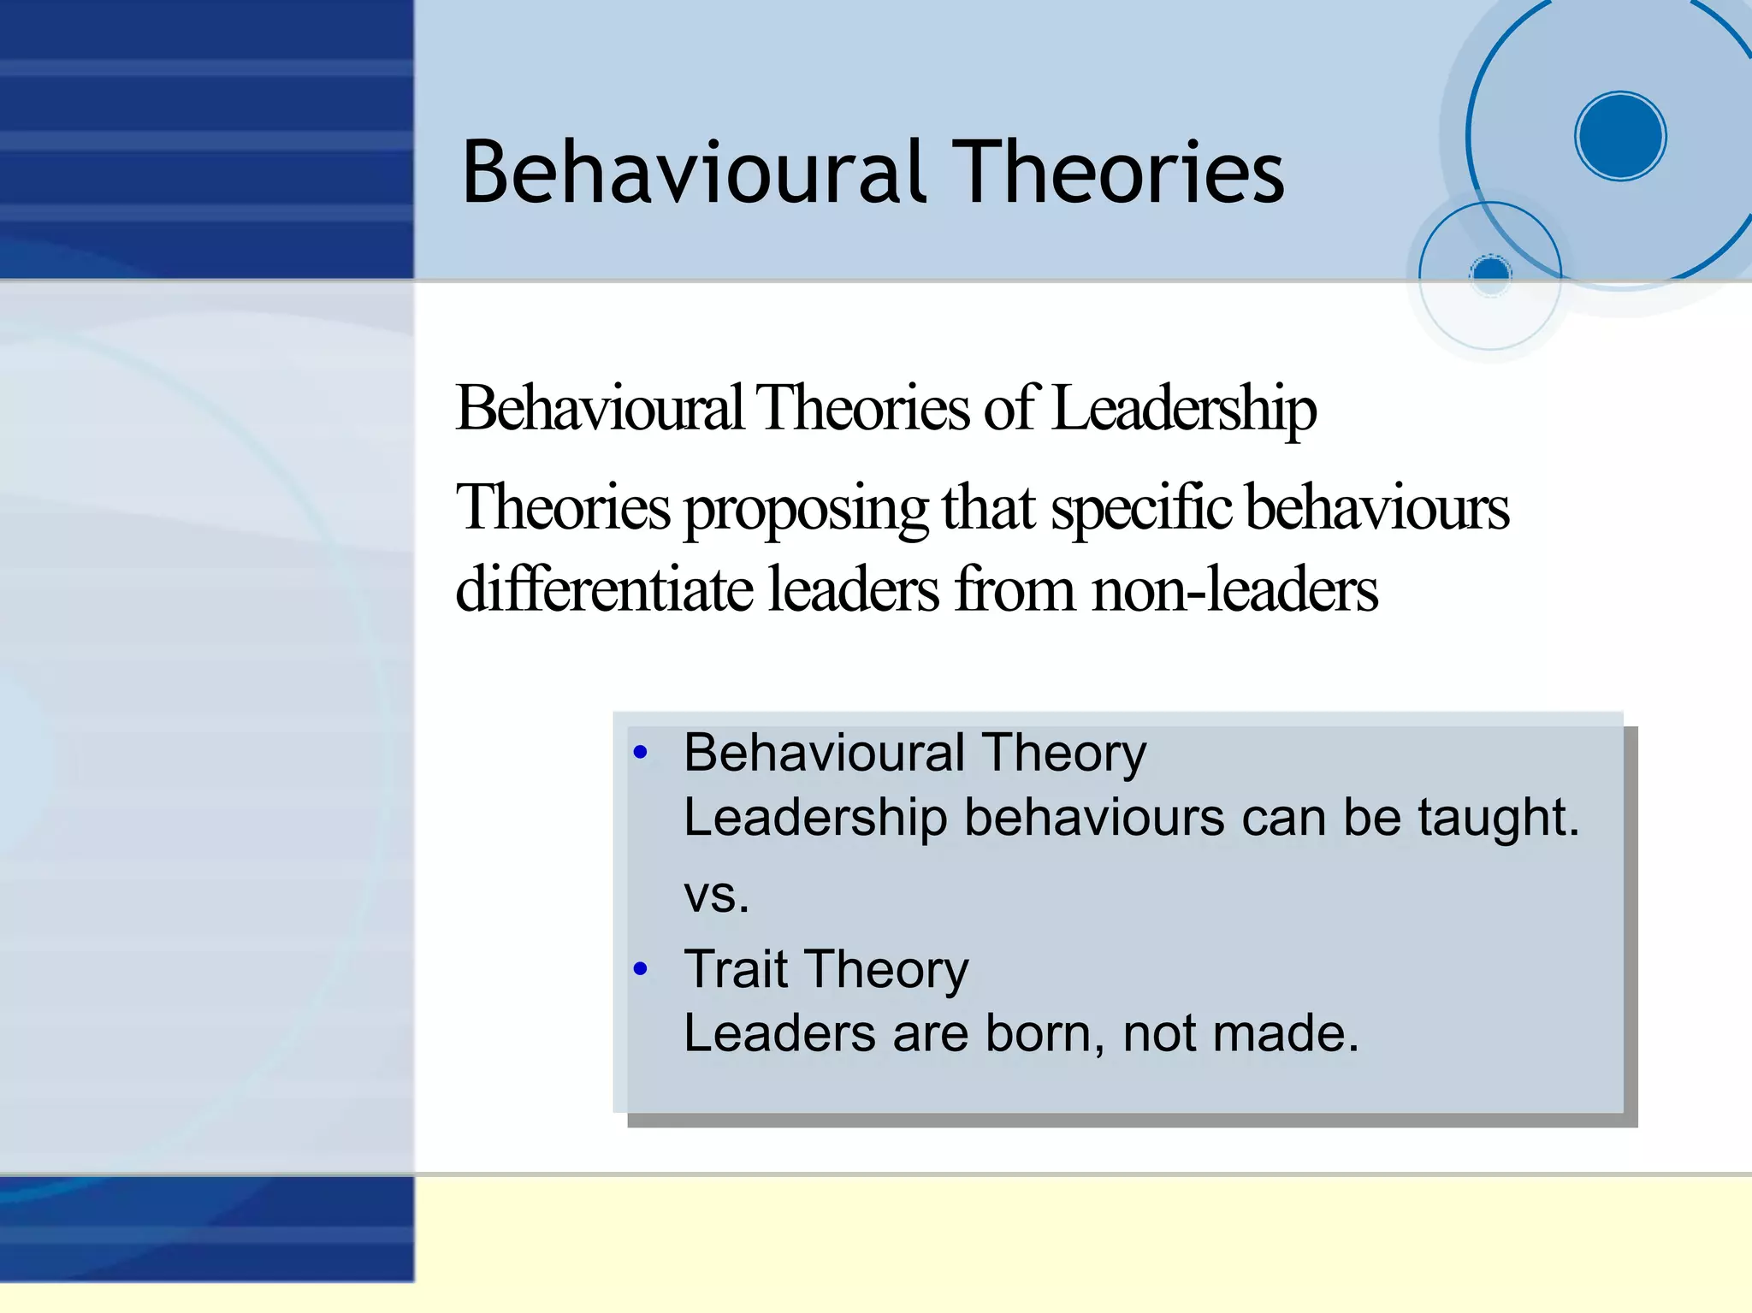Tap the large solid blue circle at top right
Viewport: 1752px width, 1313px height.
[x=1620, y=136]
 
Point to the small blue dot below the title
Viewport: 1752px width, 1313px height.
[x=1491, y=273]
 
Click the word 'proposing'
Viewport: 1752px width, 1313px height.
[x=806, y=508]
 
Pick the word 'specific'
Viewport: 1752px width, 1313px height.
[x=1141, y=508]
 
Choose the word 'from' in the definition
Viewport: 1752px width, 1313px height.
[x=1015, y=589]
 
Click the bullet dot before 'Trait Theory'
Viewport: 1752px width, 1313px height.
[x=641, y=969]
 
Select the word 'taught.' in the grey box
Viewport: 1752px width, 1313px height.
[x=1498, y=818]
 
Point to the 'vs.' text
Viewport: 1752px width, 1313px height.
[x=716, y=895]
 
